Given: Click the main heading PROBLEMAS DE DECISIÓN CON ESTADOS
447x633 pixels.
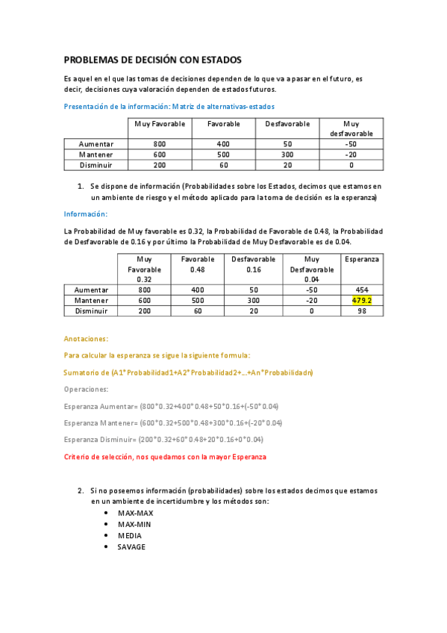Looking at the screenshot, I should click(152, 60).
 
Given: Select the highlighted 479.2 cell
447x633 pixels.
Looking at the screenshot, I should click(362, 301).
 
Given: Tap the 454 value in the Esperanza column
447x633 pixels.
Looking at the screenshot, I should click(362, 290).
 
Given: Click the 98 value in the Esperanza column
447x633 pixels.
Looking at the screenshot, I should click(362, 311).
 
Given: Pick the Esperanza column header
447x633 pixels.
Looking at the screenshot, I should click(362, 259).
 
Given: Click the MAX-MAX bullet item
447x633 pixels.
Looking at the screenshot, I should click(134, 514).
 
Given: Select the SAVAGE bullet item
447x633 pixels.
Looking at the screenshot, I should click(131, 546).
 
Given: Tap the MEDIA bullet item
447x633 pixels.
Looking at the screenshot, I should click(130, 535).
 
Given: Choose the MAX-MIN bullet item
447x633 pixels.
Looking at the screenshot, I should click(134, 525).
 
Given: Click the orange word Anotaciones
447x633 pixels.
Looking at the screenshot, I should click(86, 338).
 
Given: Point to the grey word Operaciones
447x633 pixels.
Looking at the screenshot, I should click(87, 389).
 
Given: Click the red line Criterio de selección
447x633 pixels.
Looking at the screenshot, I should click(164, 456).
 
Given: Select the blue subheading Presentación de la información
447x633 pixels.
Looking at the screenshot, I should click(169, 106).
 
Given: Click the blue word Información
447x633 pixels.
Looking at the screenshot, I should click(85, 213).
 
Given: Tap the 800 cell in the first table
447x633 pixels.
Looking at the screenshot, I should click(160, 144).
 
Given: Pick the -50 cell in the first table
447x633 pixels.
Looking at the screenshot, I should click(351, 144).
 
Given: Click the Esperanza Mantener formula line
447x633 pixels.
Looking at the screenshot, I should click(173, 422).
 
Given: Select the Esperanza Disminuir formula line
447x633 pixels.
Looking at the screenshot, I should click(163, 440).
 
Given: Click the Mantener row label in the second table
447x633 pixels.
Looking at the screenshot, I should click(90, 301).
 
